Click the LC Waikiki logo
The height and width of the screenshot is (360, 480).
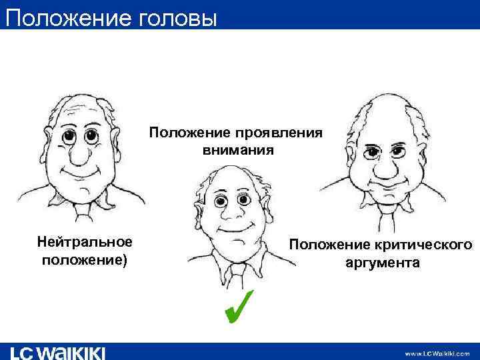pyautogui.click(x=58, y=352)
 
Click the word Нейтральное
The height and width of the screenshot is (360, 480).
pyautogui.click(x=85, y=240)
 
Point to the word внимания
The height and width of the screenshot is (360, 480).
pyautogui.click(x=238, y=150)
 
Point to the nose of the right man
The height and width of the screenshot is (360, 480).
pyautogui.click(x=385, y=166)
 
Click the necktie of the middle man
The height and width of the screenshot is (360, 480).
pyautogui.click(x=237, y=273)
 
